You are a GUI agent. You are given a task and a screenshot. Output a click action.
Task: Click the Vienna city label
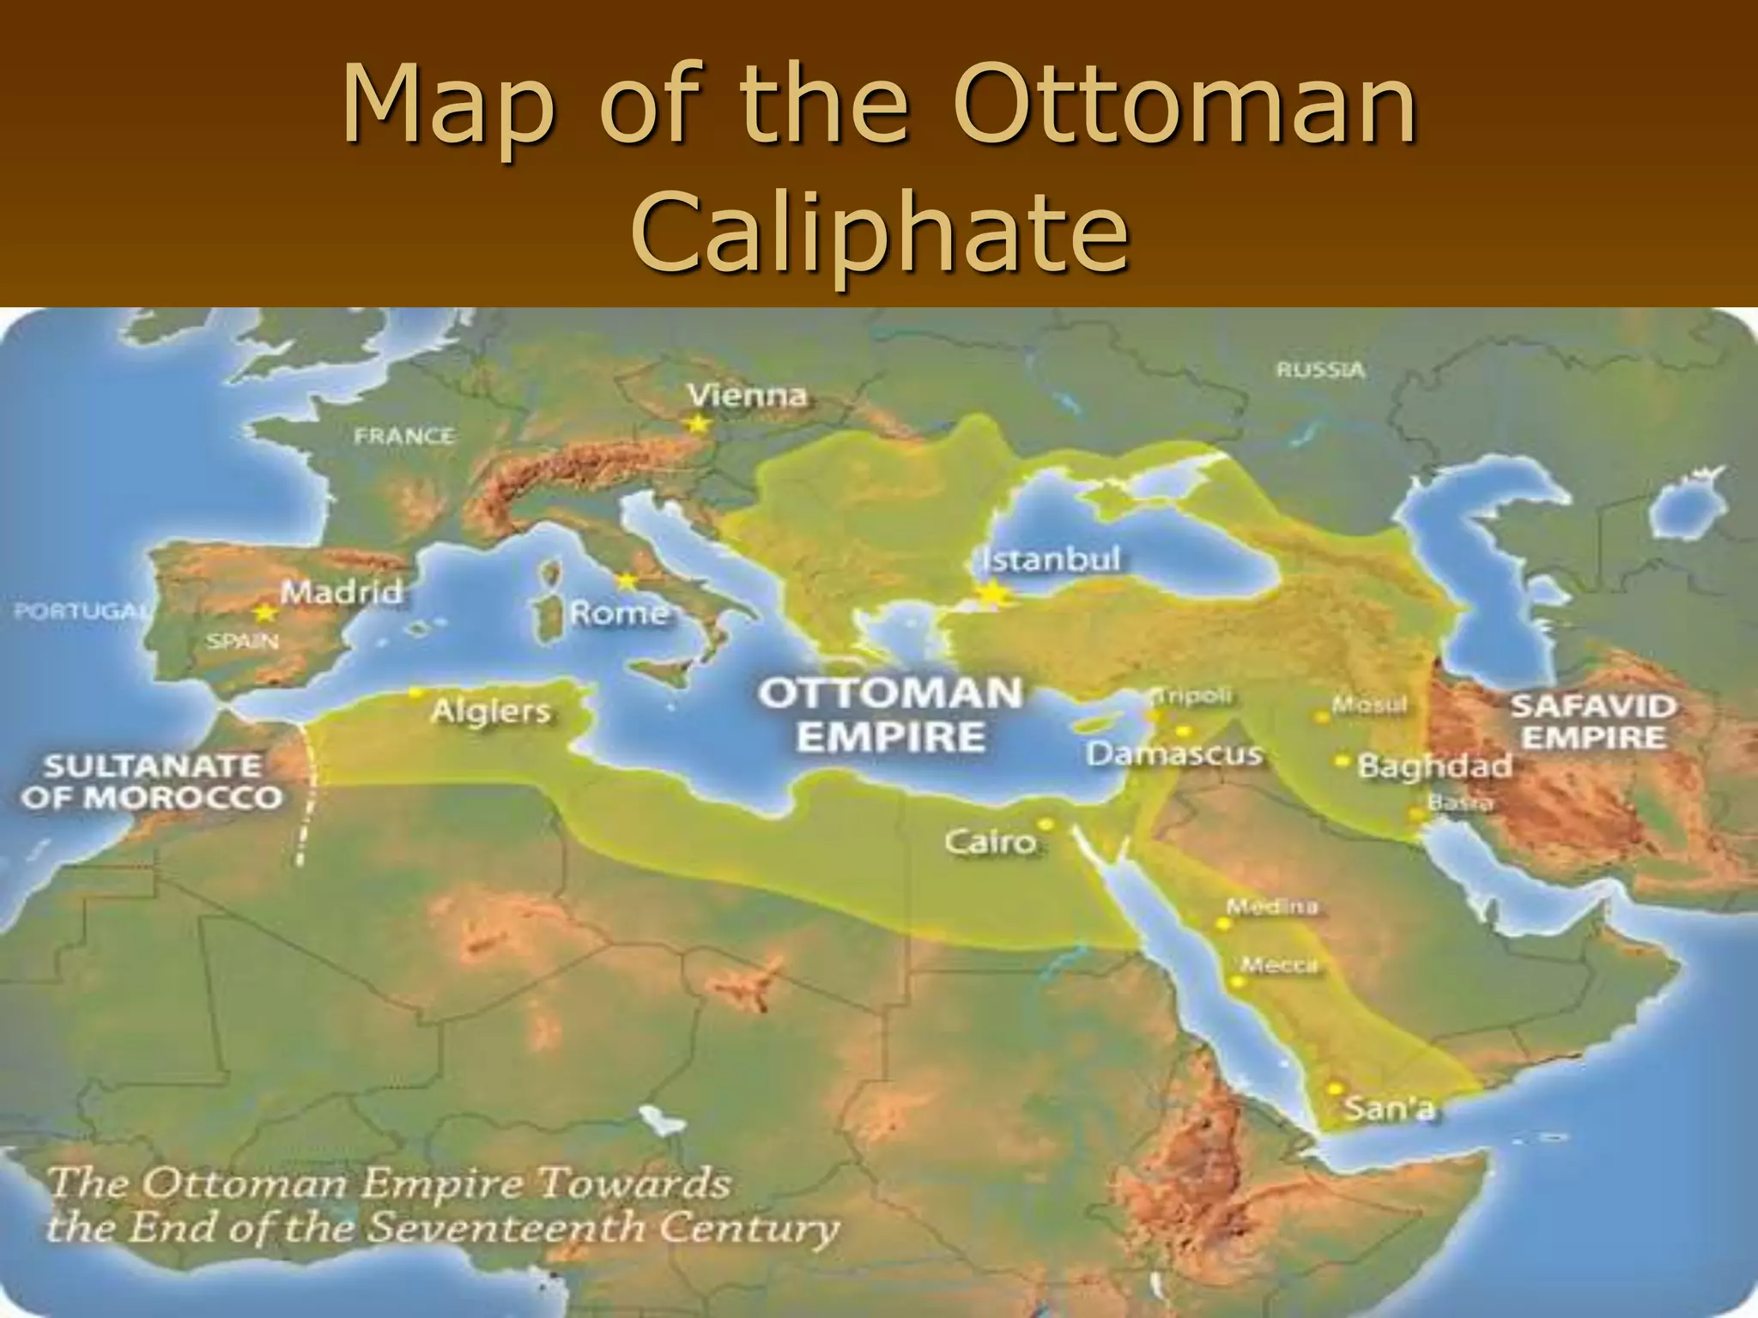748,396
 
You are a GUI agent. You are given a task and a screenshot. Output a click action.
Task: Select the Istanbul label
1051,559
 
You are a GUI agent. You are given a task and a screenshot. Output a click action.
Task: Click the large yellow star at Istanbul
992,593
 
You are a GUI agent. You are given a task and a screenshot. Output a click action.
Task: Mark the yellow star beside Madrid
265,613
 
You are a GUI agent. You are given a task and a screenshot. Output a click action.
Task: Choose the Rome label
618,613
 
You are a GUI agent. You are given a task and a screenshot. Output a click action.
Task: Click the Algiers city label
490,710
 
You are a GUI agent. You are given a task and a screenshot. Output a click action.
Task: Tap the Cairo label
991,842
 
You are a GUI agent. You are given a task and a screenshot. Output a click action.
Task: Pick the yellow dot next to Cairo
1046,823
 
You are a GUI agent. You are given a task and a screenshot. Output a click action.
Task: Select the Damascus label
1174,754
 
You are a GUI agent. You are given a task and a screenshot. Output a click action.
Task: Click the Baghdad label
1434,765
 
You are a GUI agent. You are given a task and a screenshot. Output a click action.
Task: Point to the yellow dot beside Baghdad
1341,760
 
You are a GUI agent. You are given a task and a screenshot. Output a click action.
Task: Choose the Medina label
1271,906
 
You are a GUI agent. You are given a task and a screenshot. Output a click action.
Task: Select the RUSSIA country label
1320,371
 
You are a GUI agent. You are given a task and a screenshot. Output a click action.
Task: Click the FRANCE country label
404,436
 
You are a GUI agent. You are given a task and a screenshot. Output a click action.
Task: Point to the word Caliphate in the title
878,230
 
